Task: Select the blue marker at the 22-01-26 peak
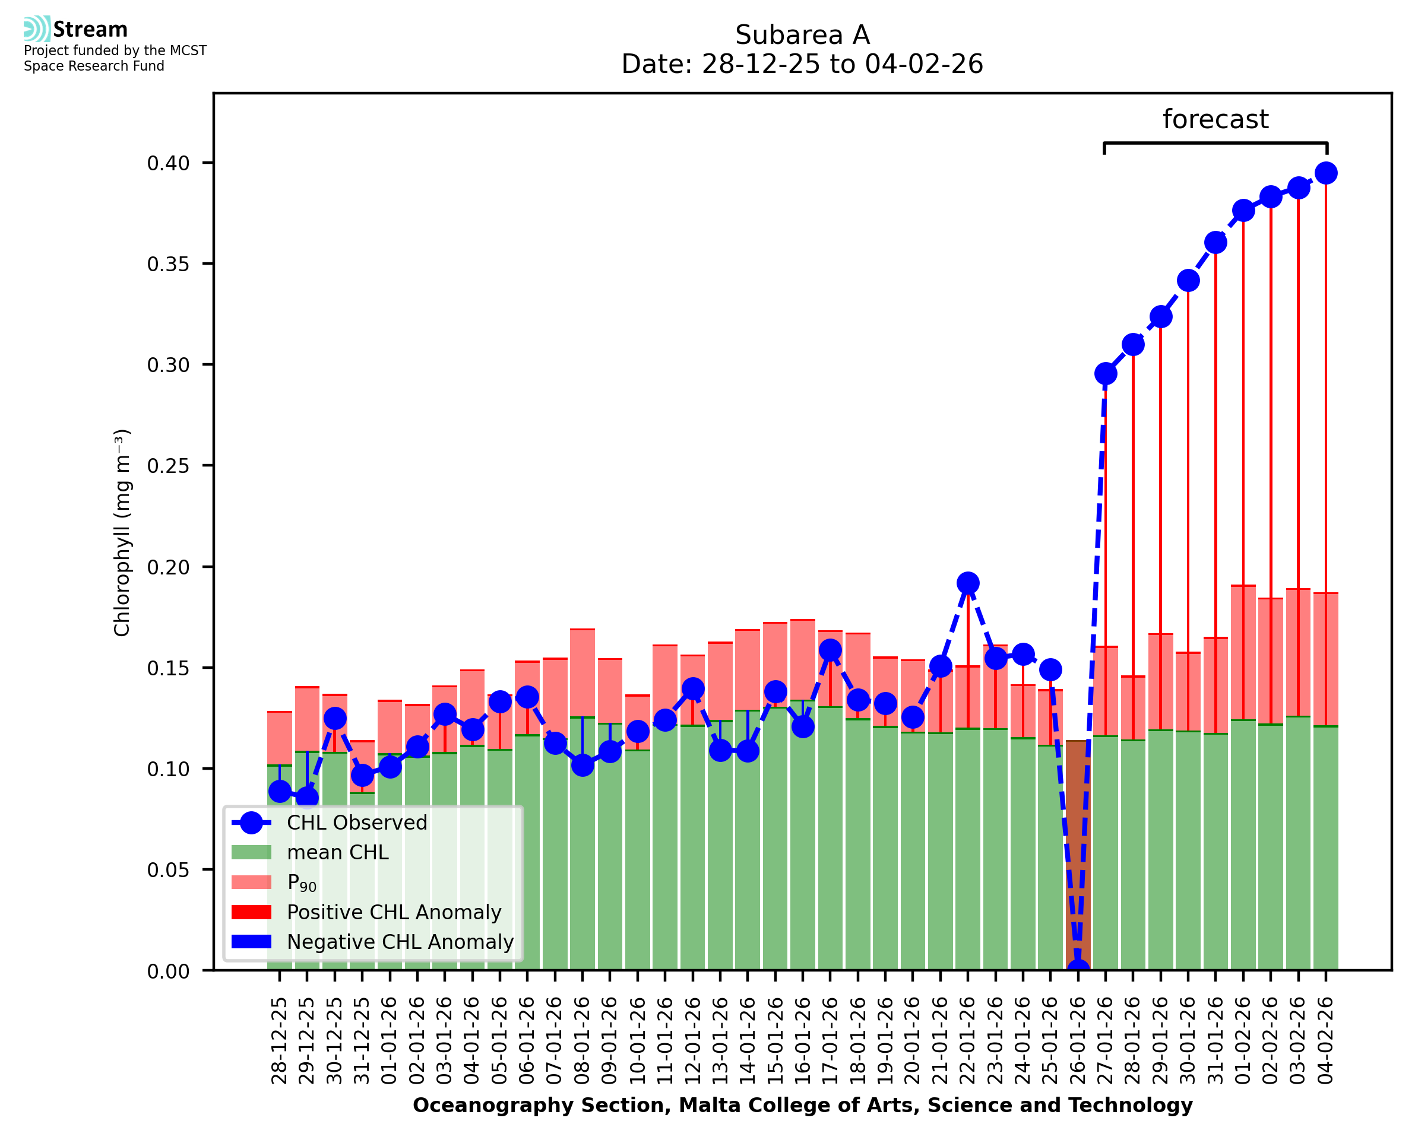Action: [x=967, y=583]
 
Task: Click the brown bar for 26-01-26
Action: [x=1077, y=854]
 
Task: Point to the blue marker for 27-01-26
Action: [x=1105, y=374]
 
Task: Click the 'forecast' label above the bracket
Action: [x=1215, y=119]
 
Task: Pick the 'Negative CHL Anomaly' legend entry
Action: [x=400, y=942]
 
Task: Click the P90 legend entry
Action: [x=302, y=882]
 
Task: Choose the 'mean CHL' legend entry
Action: [x=338, y=852]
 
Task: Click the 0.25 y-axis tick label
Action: [x=168, y=466]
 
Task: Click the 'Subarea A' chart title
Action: [x=802, y=35]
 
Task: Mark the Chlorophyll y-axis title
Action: [x=122, y=532]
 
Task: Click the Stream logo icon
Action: [x=37, y=28]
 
